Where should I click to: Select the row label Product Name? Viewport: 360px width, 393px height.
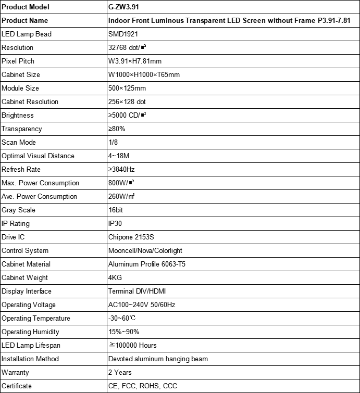click(x=25, y=21)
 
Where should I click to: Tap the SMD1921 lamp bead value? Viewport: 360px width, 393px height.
click(x=123, y=34)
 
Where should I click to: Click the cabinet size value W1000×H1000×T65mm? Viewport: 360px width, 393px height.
click(x=144, y=75)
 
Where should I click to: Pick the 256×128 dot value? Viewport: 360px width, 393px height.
click(x=127, y=102)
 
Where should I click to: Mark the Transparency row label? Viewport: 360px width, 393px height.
click(x=22, y=129)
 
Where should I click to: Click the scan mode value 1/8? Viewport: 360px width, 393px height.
click(x=113, y=143)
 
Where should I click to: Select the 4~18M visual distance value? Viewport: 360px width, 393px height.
click(x=119, y=156)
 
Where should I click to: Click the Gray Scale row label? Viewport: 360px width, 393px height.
click(x=19, y=210)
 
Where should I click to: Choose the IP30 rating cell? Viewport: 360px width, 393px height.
click(x=116, y=224)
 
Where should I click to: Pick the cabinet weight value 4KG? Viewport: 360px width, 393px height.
click(x=115, y=278)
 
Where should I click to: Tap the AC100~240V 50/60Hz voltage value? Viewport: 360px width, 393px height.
click(x=141, y=305)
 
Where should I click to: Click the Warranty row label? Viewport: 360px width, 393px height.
click(x=16, y=373)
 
